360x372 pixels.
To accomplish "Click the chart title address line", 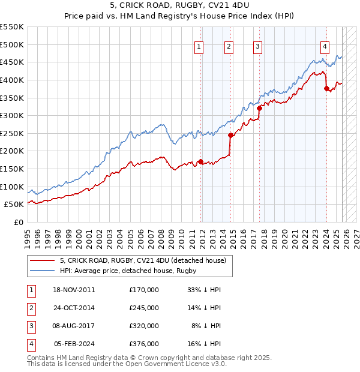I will pos(179,5).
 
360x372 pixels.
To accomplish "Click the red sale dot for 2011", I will pos(200,161).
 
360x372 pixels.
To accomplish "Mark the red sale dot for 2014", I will pos(230,135).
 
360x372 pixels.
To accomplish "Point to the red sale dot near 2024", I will pos(326,88).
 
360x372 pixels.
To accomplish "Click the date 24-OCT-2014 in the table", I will pos(74,307).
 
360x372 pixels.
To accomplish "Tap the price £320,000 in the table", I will pos(143,326).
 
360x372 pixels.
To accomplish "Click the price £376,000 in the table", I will pos(143,344).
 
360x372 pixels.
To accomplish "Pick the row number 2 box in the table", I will pos(31,307).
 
